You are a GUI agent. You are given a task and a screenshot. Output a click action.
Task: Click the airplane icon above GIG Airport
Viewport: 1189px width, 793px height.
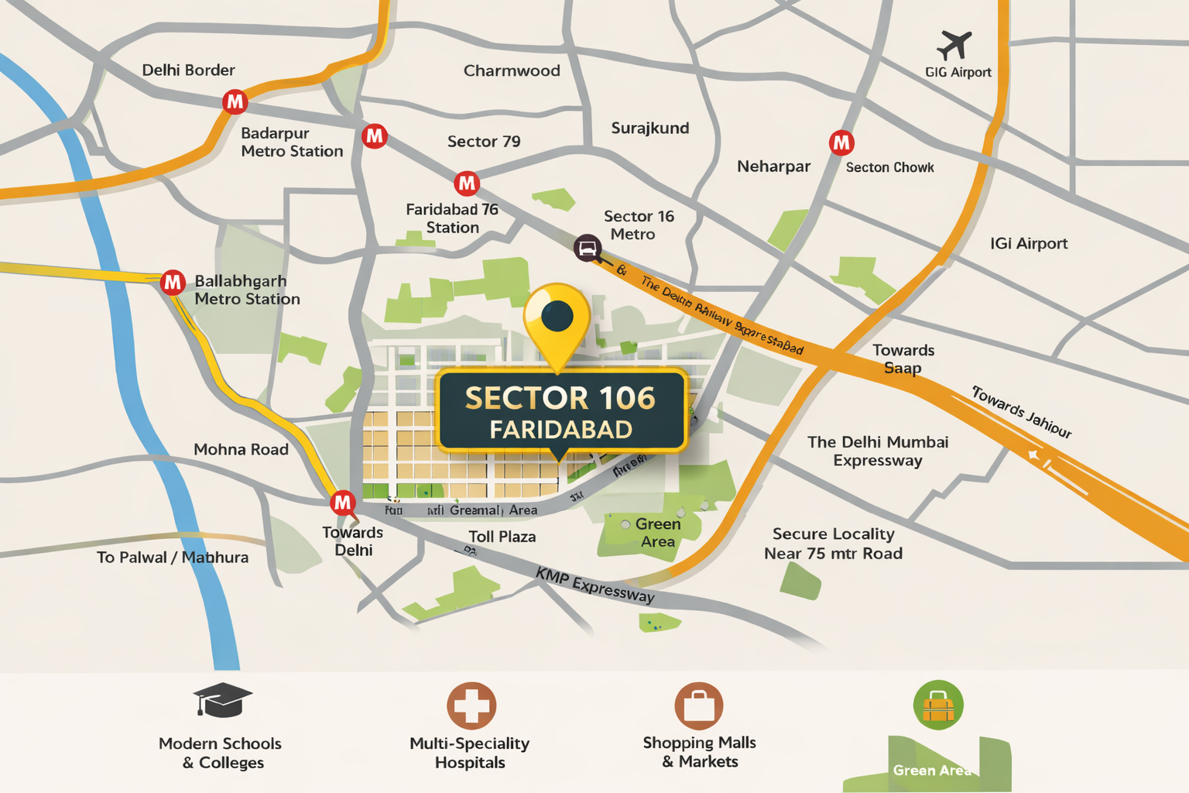(954, 45)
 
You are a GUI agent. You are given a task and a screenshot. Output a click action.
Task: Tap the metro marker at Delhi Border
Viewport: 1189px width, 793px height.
(235, 101)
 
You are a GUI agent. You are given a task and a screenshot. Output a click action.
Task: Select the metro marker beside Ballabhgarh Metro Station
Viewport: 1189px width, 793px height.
(172, 283)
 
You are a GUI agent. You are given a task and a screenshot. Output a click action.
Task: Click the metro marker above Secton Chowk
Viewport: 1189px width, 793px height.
(841, 143)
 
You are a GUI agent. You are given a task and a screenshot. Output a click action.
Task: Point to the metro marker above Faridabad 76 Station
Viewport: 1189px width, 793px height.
(466, 184)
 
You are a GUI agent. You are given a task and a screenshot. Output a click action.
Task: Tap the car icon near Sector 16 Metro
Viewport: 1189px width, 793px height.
(588, 248)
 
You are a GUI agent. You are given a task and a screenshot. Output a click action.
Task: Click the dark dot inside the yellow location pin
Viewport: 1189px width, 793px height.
(557, 315)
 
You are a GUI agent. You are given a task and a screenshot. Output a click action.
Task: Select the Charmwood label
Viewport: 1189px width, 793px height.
(512, 70)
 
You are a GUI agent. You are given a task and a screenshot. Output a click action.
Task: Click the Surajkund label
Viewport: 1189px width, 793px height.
(650, 128)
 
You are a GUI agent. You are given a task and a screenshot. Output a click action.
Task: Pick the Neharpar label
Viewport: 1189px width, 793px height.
(773, 166)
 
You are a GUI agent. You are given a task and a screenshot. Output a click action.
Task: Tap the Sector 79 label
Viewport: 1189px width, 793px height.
(484, 142)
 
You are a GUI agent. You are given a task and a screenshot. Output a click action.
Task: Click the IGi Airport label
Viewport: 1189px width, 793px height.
(1029, 244)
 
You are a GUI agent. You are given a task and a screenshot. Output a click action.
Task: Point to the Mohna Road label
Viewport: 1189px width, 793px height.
(241, 449)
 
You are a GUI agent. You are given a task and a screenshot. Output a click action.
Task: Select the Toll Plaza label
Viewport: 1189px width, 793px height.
(502, 537)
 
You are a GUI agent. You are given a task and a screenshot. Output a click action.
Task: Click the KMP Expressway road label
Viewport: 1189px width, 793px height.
(594, 585)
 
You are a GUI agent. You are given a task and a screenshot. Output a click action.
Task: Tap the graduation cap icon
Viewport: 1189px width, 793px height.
(222, 699)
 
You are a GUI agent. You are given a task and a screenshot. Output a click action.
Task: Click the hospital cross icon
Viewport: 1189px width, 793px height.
(471, 705)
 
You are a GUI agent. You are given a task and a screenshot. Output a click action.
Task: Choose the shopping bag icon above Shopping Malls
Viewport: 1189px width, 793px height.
(698, 705)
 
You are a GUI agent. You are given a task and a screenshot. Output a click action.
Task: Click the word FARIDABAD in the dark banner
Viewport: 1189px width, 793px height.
(560, 429)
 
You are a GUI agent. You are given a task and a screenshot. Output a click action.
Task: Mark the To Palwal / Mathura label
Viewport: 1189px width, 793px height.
(173, 558)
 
